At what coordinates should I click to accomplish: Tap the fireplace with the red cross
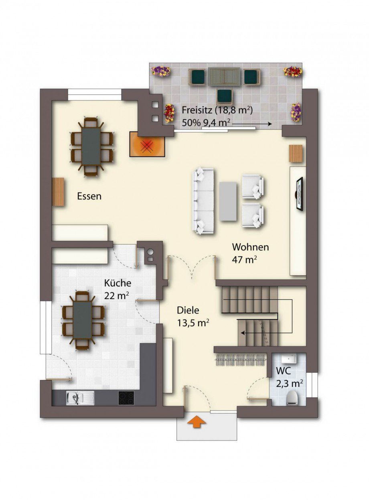(x=148, y=145)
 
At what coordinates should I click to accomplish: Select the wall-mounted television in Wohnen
(x=299, y=194)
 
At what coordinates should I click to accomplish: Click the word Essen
(x=89, y=196)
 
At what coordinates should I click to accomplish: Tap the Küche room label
(x=118, y=283)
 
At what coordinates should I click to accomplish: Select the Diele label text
(x=188, y=311)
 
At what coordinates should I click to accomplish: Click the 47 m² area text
(x=245, y=260)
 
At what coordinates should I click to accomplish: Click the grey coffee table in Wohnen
(x=228, y=201)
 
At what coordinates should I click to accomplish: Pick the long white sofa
(x=203, y=201)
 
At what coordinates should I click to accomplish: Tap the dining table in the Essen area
(x=91, y=146)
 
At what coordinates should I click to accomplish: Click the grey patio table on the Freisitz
(x=224, y=77)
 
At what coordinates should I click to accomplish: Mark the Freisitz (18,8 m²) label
(x=217, y=110)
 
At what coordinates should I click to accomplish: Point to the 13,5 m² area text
(x=193, y=323)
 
